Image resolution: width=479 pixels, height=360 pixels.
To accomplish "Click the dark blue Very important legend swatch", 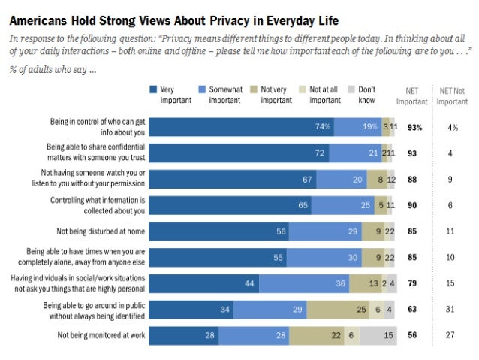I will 153,89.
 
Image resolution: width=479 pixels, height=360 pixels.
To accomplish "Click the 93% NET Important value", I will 414,127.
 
